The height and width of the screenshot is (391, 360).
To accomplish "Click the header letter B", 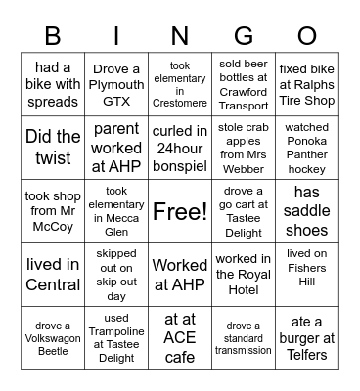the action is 53,35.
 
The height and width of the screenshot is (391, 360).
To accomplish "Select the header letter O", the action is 307,35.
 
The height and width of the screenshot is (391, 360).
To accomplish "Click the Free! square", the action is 180,211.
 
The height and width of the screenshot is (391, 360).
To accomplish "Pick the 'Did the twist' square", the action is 53,148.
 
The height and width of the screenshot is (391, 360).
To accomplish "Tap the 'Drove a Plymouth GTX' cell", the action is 116,84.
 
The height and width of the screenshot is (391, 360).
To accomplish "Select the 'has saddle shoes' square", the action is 307,211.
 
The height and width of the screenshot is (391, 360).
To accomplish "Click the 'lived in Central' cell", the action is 53,275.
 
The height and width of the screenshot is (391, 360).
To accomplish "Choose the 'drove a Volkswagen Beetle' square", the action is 53,338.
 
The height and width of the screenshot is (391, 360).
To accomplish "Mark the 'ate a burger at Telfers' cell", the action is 307,338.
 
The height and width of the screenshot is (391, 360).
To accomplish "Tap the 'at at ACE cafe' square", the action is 180,338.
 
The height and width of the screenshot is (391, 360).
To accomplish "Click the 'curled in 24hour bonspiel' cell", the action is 180,148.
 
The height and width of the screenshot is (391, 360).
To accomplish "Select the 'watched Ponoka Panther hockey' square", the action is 307,148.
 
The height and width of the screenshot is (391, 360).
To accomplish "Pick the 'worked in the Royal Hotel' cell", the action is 243,275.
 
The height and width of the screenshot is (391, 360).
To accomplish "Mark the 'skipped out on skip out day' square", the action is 116,275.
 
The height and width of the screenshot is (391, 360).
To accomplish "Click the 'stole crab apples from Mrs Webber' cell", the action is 243,148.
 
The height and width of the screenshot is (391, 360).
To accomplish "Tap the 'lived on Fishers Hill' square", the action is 307,275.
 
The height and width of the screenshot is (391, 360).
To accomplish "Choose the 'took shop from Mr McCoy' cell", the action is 53,211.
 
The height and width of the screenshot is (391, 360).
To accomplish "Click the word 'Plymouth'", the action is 116,84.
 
